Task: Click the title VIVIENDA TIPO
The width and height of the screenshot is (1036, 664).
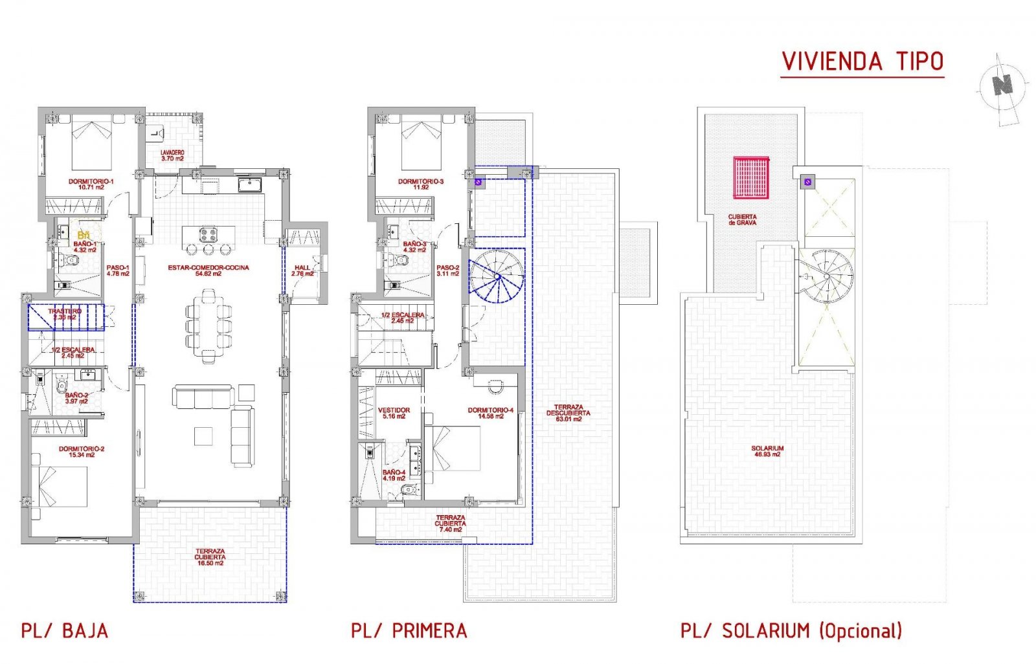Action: (862, 62)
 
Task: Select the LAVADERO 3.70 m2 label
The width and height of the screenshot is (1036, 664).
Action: (172, 155)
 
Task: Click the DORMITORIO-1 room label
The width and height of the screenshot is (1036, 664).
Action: (91, 184)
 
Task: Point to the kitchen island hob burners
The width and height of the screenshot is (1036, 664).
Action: (208, 234)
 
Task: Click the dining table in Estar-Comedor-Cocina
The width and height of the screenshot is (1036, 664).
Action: (208, 327)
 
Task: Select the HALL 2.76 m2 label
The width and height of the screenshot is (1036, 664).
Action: (302, 271)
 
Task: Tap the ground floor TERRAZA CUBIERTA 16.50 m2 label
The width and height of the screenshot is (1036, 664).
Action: (210, 557)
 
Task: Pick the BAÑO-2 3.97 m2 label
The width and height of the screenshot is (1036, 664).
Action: (76, 398)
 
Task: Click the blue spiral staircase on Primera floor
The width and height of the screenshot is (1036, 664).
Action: (497, 277)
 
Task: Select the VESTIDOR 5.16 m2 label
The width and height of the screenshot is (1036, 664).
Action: (394, 413)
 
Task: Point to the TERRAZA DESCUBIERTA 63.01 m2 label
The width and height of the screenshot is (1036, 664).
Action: (568, 413)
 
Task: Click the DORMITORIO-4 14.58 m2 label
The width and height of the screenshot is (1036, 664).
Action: (490, 413)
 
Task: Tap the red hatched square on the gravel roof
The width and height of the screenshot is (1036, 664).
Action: (750, 177)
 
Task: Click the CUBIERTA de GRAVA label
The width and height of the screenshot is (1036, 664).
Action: (742, 220)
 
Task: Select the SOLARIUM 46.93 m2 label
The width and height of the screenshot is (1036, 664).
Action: (767, 451)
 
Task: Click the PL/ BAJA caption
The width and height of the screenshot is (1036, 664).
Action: (65, 631)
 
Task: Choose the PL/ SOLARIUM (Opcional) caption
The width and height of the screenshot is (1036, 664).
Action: (791, 630)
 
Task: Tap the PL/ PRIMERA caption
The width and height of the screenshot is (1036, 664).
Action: (409, 631)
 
